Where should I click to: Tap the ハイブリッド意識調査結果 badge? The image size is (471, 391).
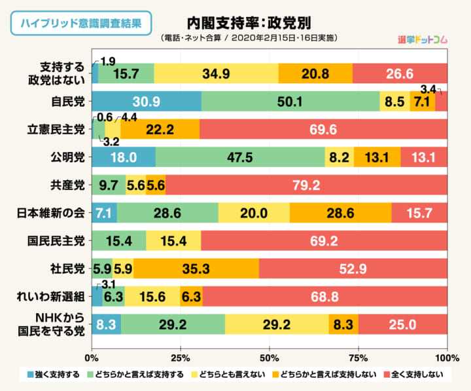point(81,23)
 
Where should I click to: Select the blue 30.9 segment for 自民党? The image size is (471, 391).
point(147,102)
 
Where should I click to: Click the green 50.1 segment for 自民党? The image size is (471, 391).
point(290,102)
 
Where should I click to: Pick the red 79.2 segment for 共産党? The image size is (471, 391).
point(306,185)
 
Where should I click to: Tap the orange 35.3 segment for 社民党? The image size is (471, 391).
point(196,269)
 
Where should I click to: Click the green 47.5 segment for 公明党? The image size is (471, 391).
point(240,157)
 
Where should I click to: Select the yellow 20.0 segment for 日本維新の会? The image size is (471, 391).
point(254,213)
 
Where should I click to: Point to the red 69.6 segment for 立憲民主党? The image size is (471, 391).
point(323,130)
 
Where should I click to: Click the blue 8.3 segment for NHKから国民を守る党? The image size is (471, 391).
point(106,324)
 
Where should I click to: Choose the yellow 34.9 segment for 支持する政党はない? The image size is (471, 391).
point(216,73)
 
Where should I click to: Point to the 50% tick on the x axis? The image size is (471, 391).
point(269,358)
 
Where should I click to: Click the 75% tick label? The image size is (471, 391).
point(358,358)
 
